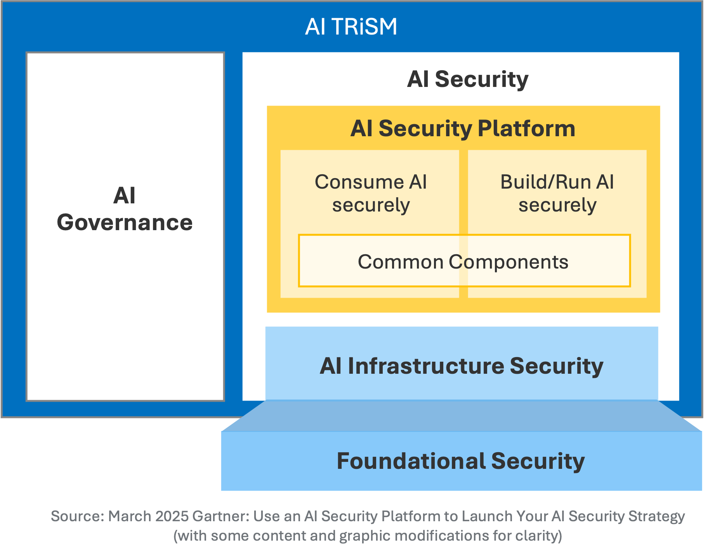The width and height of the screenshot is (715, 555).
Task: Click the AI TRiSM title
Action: [351, 27]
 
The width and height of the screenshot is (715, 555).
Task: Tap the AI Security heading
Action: [467, 79]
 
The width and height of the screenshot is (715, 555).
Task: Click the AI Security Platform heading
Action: [463, 128]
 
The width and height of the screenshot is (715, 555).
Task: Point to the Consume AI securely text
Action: [370, 193]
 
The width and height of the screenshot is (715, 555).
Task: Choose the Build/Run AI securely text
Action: [557, 193]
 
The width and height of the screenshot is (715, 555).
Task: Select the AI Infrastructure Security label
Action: [462, 366]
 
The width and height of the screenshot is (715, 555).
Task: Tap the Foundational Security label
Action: [460, 461]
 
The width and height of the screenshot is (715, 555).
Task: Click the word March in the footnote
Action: [130, 517]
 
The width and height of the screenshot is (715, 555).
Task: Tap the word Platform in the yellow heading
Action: [526, 128]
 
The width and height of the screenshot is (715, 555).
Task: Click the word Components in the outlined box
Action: [508, 262]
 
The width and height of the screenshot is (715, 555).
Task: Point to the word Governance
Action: [125, 223]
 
